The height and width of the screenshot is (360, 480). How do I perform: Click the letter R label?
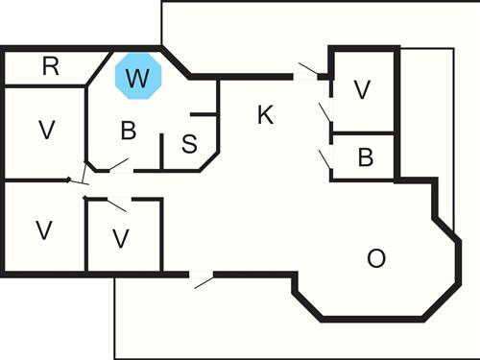pos(51,66)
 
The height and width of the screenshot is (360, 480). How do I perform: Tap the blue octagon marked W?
pos(137,78)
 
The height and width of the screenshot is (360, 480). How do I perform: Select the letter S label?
pos(189,144)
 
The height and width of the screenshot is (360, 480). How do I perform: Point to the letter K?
pos(266,115)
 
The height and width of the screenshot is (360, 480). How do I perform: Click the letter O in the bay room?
pos(377,257)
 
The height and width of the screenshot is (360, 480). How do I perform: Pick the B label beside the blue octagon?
pos(128,130)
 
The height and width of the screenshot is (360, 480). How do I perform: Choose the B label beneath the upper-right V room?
pos(365,157)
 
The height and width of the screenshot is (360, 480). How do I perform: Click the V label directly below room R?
pos(44,131)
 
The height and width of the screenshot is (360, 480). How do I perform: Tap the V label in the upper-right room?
pos(362,89)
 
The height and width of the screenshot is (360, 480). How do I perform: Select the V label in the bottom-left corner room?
pos(42,229)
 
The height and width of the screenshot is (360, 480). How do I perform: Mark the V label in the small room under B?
pos(120,237)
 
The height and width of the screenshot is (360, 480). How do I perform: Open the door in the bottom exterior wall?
pos(201,279)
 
